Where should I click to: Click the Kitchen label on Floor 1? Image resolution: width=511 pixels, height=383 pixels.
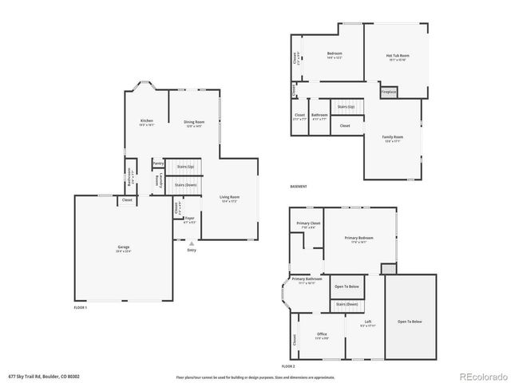[x=146, y=121]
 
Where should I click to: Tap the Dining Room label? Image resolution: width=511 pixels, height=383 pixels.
[x=184, y=121]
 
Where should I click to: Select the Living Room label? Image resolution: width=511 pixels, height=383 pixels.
[x=230, y=197]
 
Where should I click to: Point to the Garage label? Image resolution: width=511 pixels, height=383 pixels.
[x=124, y=248]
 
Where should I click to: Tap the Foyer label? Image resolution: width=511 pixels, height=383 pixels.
[x=189, y=218]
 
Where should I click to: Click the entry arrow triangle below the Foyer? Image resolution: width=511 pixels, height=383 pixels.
[x=191, y=243]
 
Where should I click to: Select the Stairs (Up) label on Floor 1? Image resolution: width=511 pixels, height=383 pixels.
[x=185, y=166]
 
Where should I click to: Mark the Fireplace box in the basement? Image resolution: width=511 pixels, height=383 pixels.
[x=389, y=92]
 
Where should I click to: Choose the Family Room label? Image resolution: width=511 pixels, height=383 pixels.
[x=393, y=136]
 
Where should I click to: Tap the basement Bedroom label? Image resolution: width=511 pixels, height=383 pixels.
[x=335, y=54]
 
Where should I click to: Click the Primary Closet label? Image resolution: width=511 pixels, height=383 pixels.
[x=307, y=223]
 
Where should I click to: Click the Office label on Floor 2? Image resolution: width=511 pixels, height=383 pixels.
[x=322, y=334]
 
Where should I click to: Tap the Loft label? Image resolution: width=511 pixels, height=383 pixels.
[x=367, y=322]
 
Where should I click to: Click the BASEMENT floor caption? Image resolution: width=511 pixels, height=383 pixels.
[x=298, y=187]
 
